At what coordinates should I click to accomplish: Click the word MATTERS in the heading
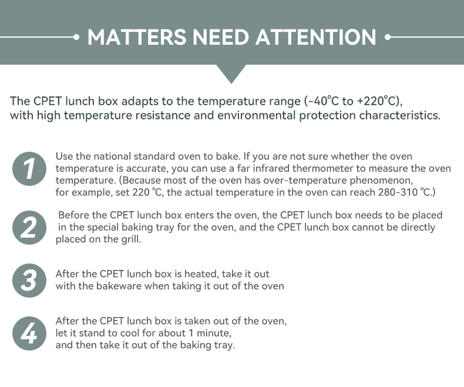coord(137,37)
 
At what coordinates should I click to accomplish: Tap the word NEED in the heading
coord(221,37)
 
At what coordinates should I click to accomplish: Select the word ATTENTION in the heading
coord(316,37)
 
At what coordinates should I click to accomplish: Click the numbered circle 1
coord(29,169)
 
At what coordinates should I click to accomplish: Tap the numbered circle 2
coord(29,228)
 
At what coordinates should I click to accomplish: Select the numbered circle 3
coord(29,281)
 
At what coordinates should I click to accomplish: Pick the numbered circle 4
coord(29,333)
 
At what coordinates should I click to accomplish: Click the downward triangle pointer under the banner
coord(231,72)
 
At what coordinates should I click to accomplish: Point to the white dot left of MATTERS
coord(76,37)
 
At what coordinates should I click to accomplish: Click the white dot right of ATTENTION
coord(388,37)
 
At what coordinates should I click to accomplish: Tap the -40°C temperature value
coord(323,101)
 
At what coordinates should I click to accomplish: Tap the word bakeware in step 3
coord(119,286)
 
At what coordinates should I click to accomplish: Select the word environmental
coord(256,115)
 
